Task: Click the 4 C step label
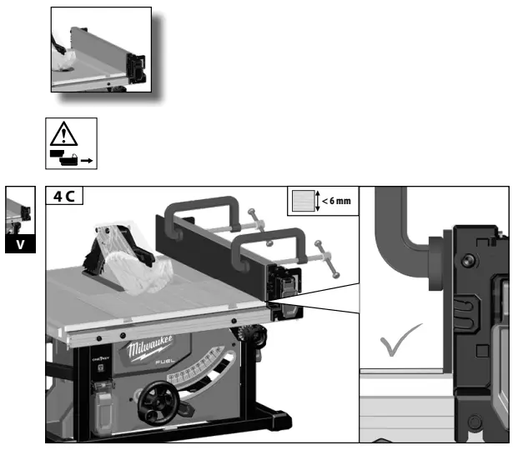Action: [63, 198]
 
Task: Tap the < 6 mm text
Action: [339, 201]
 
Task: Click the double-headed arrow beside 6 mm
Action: [319, 201]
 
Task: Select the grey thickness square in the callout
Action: [302, 201]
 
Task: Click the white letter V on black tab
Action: [19, 246]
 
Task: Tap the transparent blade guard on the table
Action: [133, 258]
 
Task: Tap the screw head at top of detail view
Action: [473, 239]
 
